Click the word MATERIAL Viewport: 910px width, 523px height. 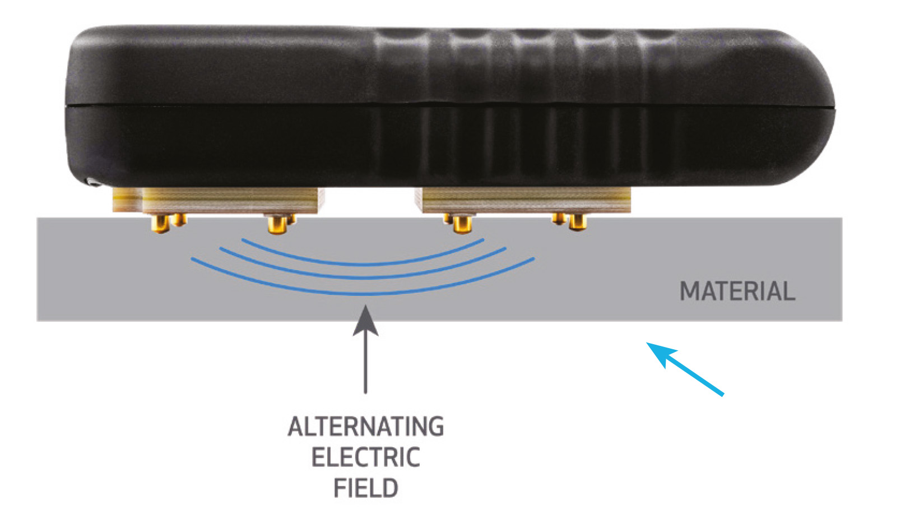(x=737, y=291)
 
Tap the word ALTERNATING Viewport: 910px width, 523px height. (x=365, y=427)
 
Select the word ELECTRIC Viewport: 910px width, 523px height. (x=365, y=457)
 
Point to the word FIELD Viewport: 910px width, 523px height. (x=365, y=488)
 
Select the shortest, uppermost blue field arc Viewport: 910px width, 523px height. (x=363, y=263)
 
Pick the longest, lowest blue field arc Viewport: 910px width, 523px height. (x=363, y=293)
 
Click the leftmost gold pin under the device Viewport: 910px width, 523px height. (x=161, y=224)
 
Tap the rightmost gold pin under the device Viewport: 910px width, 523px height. (x=577, y=223)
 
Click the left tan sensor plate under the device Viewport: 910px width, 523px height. (x=219, y=200)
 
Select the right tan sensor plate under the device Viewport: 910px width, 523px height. (x=523, y=200)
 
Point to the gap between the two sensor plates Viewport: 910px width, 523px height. (x=369, y=201)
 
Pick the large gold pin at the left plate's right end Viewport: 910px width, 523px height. (x=277, y=224)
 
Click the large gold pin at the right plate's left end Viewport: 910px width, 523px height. (x=462, y=224)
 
